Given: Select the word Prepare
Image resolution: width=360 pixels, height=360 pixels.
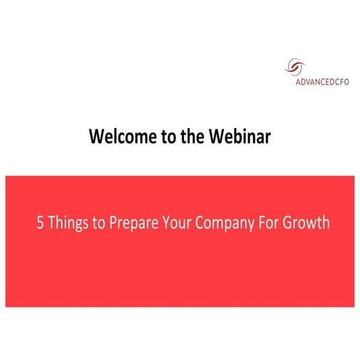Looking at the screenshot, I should point(134,223).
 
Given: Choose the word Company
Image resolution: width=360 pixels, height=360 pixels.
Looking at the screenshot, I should point(228,223).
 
